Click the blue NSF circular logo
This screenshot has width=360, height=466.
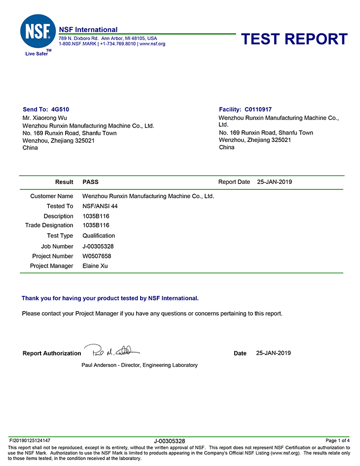coord(38,31)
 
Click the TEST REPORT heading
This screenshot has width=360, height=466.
coord(294,39)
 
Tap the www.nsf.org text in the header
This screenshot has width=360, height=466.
coord(152,44)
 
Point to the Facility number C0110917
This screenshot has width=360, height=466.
coord(258,109)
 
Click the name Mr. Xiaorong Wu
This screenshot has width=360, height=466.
coord(45,118)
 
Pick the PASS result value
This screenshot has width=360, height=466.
coord(90,182)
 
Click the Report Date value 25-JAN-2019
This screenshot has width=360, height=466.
coord(275,182)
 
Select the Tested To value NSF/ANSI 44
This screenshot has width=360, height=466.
coord(100,206)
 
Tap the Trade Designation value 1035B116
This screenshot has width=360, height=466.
coord(96,225)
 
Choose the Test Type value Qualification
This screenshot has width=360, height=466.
coord(99,236)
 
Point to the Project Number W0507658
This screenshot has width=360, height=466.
coord(97,256)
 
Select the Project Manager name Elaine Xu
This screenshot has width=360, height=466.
coord(95,266)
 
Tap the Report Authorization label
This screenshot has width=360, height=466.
coord(52,353)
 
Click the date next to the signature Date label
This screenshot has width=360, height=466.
coord(274,353)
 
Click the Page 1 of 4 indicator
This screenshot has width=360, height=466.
coord(338,440)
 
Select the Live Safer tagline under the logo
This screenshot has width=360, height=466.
coord(36,54)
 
